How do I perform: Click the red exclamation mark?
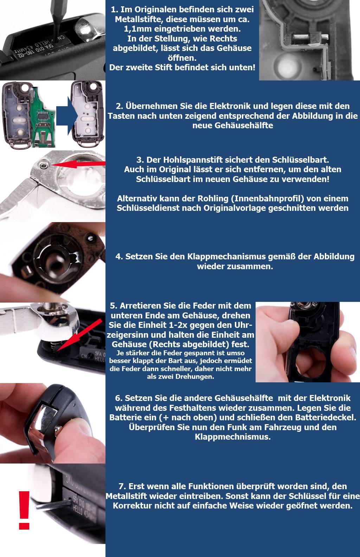click(x=24, y=510)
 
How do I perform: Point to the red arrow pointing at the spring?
click(x=79, y=335)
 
